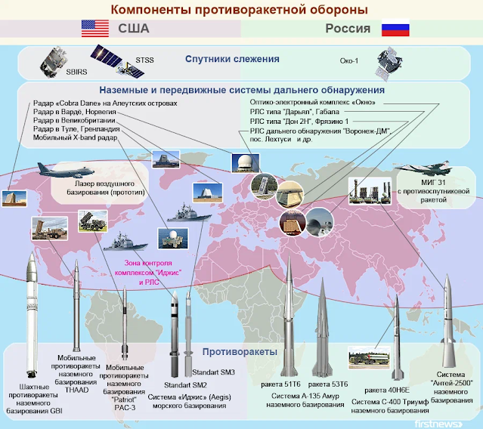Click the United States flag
coord(95,28)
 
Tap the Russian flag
coord(395,28)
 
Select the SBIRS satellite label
coord(76,72)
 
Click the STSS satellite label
coord(144,60)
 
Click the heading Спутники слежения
coord(232,59)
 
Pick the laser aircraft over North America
coord(66,171)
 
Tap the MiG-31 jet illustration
coord(423,168)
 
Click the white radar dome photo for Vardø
coord(246,163)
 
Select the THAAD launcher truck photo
coord(50,228)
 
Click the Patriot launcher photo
coord(93,221)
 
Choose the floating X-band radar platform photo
coord(172,238)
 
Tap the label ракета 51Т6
coord(280,384)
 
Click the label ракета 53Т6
coord(328,384)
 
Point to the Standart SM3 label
coord(213,372)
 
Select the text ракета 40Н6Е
coord(387,390)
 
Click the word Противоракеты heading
coord(240,352)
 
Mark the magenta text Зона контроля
coord(148,263)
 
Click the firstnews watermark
coord(438,424)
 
